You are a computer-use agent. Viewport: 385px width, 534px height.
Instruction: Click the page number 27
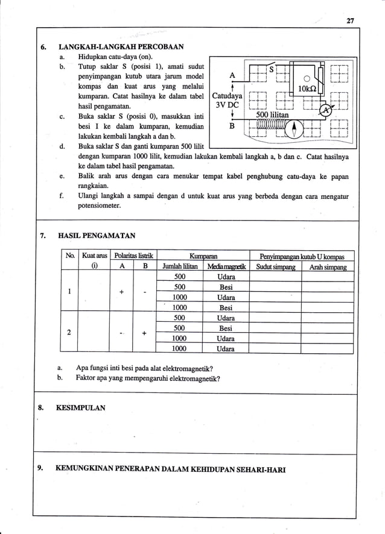tap(350, 20)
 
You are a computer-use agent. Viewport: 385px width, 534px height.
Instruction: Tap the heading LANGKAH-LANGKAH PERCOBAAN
tap(121, 46)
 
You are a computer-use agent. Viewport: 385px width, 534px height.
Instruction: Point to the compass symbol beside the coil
tap(294, 128)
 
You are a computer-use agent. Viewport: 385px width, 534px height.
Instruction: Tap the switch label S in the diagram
tap(271, 70)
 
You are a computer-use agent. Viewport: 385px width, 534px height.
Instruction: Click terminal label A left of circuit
tap(232, 75)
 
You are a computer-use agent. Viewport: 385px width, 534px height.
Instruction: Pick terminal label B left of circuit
tap(232, 127)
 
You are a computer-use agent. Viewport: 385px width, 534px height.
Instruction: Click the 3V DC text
tap(226, 105)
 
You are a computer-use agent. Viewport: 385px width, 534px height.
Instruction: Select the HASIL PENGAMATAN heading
tap(97, 236)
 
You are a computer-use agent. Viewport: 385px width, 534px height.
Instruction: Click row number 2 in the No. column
tap(71, 332)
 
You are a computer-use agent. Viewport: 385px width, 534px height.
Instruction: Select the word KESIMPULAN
tap(80, 407)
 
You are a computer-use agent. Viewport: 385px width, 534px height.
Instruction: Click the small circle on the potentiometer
tap(306, 78)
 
